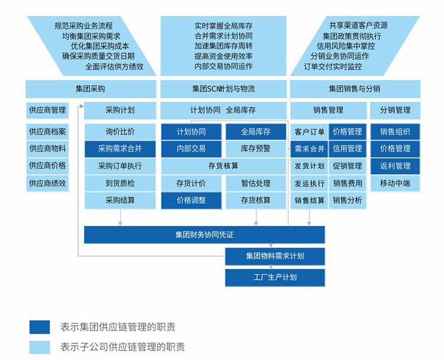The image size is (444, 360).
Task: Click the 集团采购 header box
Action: pos(91,89)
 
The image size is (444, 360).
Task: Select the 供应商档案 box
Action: pos(47,131)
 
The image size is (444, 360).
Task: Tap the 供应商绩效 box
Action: pos(47,183)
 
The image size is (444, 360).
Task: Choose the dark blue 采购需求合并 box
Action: pos(120,149)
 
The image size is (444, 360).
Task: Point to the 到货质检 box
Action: pos(120,183)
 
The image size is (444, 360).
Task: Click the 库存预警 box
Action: pos(256,149)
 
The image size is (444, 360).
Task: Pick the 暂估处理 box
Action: pos(256,184)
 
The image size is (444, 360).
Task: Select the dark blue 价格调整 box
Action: pos(191,200)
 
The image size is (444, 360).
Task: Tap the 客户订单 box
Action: pos(310,131)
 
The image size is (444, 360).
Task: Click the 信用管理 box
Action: pos(348,149)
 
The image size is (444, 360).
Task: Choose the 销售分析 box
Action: pos(348,200)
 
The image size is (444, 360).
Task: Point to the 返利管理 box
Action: pos(395,166)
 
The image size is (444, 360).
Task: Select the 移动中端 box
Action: pos(395,183)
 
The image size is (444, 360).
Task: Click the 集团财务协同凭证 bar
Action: pos(204,234)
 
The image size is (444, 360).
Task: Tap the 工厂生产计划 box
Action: pos(275,277)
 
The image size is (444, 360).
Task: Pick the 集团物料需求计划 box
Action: pos(275,256)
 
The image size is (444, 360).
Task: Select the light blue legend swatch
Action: pos(40,347)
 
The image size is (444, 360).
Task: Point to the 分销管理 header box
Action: pos(395,110)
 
